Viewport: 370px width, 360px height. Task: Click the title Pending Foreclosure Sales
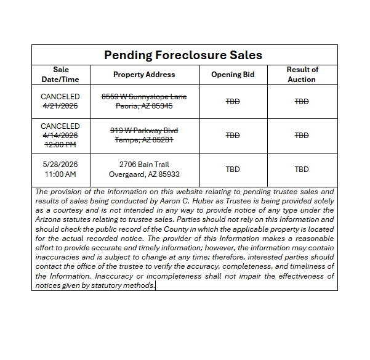click(183, 55)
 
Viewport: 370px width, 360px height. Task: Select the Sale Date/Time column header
click(60, 75)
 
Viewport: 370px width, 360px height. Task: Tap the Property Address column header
click(144, 75)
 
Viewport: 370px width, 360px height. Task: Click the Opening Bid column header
click(233, 75)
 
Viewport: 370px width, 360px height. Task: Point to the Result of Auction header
click(302, 75)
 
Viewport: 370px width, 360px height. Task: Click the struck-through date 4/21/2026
click(60, 106)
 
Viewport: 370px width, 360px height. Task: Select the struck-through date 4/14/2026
click(60, 135)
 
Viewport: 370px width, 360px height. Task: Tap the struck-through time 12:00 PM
click(60, 144)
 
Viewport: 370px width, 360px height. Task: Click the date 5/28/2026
click(60, 165)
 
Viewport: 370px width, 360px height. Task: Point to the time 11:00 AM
click(60, 174)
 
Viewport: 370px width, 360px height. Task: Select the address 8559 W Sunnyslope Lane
click(144, 97)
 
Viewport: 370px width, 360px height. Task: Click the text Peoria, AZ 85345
click(144, 106)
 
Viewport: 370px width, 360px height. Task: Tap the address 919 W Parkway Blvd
click(144, 130)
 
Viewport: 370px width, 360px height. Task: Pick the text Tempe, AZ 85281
click(144, 139)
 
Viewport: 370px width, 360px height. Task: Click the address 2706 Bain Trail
click(144, 165)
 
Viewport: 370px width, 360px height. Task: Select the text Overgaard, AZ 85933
click(144, 174)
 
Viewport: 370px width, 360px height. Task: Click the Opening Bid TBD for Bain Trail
click(233, 170)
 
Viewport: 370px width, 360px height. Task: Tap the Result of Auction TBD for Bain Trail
click(302, 170)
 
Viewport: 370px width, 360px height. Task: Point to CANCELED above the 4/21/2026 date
click(60, 97)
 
